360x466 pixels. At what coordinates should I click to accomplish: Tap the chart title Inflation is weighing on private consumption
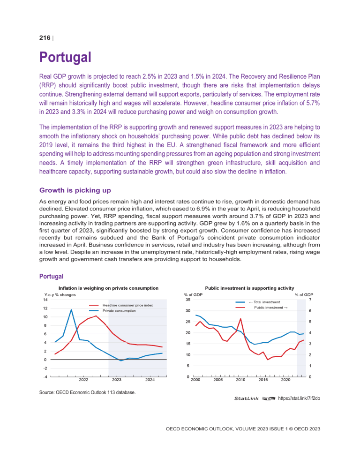108,288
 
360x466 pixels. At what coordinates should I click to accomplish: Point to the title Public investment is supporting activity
249,288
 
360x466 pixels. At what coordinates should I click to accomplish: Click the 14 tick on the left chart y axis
44,300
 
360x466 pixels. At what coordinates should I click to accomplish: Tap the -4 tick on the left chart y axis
44,376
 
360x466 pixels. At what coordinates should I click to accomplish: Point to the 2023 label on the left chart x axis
117,380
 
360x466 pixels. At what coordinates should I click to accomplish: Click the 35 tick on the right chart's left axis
187,300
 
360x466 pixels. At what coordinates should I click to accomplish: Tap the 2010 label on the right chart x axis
240,380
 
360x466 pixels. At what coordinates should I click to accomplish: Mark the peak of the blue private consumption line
71,309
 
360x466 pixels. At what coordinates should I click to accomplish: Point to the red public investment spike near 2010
240,319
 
